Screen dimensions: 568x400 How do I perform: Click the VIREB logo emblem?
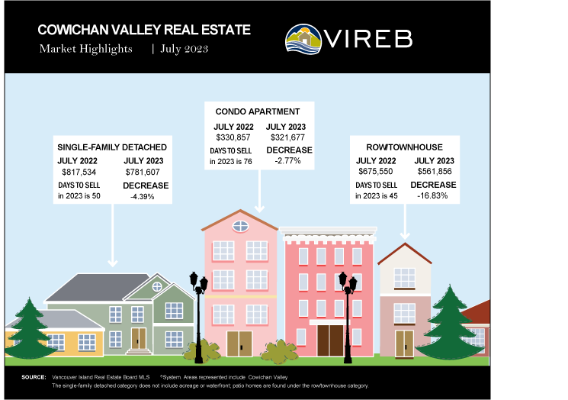coord(303,39)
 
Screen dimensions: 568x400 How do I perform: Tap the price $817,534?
coord(79,172)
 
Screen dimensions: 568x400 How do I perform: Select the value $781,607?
coord(143,172)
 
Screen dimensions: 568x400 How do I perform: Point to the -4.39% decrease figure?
coord(143,196)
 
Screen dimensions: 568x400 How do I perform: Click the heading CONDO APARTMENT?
coord(258,111)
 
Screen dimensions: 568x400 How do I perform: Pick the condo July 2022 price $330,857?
coord(233,137)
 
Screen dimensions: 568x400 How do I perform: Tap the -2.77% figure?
coord(287,160)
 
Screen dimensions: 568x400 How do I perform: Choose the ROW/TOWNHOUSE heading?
coord(404,147)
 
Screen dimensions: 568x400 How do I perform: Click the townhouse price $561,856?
coord(435,171)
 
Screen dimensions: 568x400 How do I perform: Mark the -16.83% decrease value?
coord(432,196)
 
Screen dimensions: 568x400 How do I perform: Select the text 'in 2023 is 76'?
coord(231,161)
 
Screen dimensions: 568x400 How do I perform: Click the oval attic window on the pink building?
coord(240,226)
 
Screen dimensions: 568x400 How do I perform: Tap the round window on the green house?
coord(157,287)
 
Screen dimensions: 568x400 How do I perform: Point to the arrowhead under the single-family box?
coord(113,263)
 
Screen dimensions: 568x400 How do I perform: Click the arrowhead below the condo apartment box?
coord(259,208)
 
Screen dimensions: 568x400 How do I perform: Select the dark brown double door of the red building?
coord(330,340)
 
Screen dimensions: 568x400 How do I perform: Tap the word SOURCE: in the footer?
coord(34,377)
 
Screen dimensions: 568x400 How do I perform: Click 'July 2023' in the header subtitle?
coord(185,49)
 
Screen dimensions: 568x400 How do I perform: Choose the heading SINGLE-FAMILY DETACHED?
coord(112,147)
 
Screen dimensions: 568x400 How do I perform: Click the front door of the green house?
coord(139,338)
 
